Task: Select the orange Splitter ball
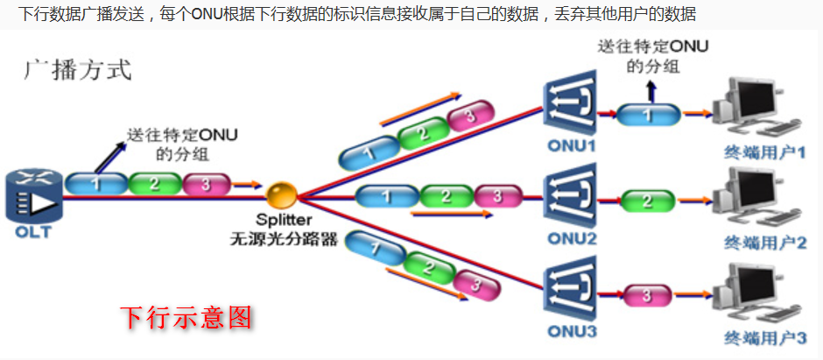282,194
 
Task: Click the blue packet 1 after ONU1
648,114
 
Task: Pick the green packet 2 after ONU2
648,201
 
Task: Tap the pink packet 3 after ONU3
648,295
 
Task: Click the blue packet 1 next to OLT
96,184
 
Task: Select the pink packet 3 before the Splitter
207,184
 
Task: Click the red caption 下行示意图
186,316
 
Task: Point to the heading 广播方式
77,70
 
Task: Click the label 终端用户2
764,244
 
